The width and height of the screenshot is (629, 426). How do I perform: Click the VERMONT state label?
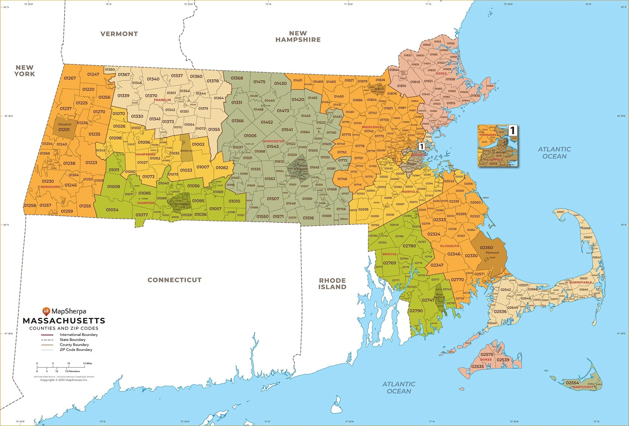coord(119,34)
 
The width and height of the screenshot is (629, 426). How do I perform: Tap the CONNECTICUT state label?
coord(175,280)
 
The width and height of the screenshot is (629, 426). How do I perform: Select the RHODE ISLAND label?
coord(332,284)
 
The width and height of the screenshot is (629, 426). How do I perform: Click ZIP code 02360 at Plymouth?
coord(486,247)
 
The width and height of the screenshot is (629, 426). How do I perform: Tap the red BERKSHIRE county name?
coord(50,187)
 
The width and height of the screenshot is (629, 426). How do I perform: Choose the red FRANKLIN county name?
coord(162,100)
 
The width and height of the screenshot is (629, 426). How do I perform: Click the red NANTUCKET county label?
coord(583,387)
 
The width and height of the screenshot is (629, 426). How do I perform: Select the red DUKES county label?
coord(486,359)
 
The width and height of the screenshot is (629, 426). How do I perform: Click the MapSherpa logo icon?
coord(46,311)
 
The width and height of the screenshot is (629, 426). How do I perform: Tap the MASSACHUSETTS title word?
coord(64,321)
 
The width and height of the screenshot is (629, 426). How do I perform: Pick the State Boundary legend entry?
coord(72,340)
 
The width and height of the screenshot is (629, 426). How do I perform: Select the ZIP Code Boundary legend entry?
coord(76,350)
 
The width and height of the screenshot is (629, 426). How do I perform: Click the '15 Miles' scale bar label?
coord(87,363)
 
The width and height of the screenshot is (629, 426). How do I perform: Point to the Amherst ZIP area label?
coord(186,151)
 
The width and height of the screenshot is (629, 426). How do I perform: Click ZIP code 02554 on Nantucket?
coord(572,383)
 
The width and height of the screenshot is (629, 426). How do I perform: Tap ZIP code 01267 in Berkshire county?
coord(70,78)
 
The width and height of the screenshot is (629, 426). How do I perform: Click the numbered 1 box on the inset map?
coord(512,130)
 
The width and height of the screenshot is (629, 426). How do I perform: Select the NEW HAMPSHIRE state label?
coord(298,36)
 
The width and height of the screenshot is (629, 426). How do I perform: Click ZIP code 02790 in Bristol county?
coord(416,311)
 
